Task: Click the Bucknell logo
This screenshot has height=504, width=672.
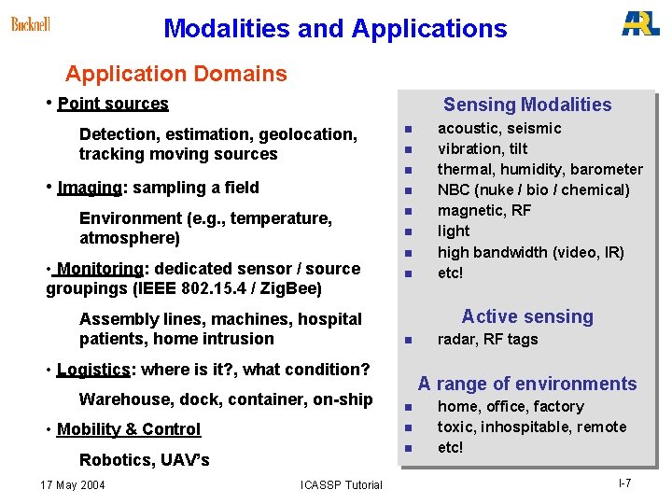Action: pyautogui.click(x=31, y=24)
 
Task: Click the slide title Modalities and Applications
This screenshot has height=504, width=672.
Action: pyautogui.click(x=335, y=29)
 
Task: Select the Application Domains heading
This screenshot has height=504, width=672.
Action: pyautogui.click(x=176, y=74)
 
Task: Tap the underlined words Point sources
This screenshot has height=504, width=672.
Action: pyautogui.click(x=113, y=104)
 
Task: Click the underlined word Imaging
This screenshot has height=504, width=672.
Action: pyautogui.click(x=90, y=188)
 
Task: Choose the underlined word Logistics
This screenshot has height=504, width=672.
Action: pyautogui.click(x=92, y=370)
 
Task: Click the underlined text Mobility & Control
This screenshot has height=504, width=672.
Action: pyautogui.click(x=129, y=429)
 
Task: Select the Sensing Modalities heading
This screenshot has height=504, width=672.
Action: pyautogui.click(x=527, y=105)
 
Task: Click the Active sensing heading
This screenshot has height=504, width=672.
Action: pyautogui.click(x=527, y=317)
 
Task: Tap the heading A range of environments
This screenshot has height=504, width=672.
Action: pyautogui.click(x=527, y=384)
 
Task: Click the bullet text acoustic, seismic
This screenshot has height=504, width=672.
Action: pyautogui.click(x=499, y=129)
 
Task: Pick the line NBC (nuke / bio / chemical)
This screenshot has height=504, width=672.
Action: pyautogui.click(x=534, y=190)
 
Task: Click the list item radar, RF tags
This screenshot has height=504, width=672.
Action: pyautogui.click(x=487, y=340)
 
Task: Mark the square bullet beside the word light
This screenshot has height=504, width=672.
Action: pyautogui.click(x=408, y=231)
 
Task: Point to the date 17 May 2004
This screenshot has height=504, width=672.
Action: pyautogui.click(x=74, y=484)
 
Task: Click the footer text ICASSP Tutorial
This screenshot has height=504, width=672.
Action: pyautogui.click(x=342, y=484)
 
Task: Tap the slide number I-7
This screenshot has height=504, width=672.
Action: pyautogui.click(x=624, y=483)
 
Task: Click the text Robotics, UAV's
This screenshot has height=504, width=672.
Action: pyautogui.click(x=145, y=460)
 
